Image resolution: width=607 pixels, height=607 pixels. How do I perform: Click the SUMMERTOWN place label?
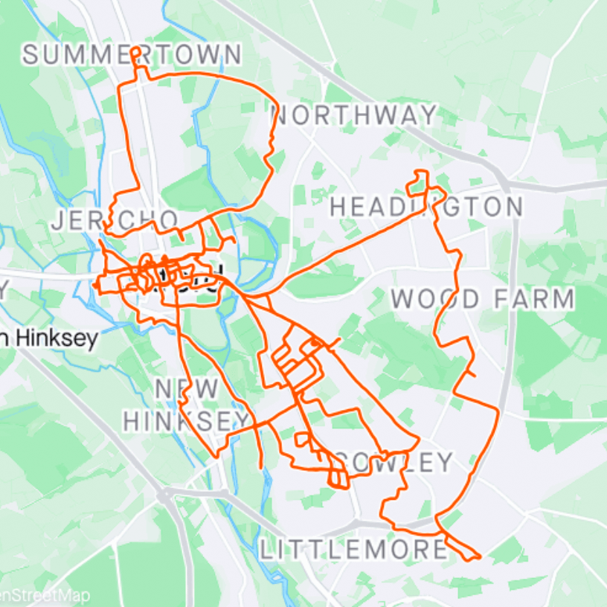132,55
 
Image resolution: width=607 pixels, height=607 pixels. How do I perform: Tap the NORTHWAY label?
354,115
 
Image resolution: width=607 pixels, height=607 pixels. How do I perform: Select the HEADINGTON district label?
426,207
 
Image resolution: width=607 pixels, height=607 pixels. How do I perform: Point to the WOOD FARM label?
483,299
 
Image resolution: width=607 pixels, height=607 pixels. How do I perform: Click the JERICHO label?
115,220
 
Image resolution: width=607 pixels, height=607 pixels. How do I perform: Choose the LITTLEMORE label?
354,550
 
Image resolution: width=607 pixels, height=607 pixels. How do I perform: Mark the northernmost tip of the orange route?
135,48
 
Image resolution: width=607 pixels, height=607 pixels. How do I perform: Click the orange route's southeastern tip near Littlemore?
480,556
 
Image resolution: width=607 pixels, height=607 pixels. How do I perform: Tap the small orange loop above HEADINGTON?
420,179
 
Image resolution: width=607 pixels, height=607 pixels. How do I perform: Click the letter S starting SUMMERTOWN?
30,55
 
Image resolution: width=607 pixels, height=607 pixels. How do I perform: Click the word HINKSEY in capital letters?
186,421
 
